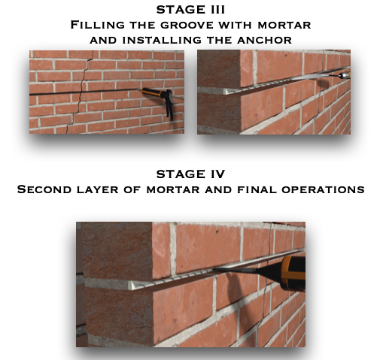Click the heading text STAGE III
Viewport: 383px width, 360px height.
point(190,10)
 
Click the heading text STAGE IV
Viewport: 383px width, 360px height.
point(190,174)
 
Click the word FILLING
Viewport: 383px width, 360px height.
point(97,25)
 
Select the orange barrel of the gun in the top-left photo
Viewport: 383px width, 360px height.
point(150,92)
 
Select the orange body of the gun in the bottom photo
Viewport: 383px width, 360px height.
point(293,272)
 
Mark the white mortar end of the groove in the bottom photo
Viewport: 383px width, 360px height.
point(133,285)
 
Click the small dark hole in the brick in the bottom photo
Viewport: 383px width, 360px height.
point(217,231)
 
